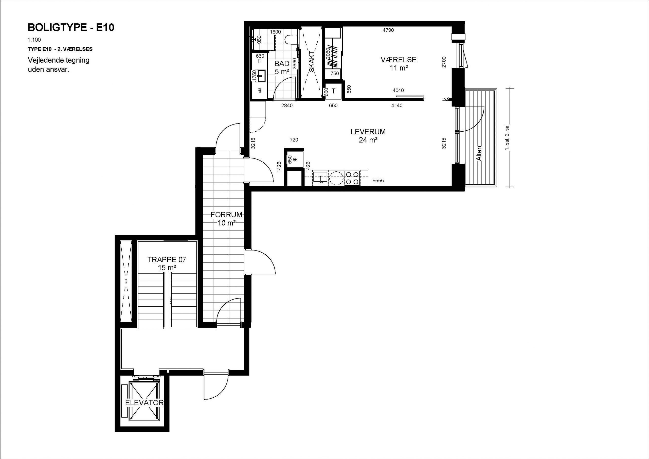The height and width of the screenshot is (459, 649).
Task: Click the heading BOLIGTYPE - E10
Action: tap(71, 27)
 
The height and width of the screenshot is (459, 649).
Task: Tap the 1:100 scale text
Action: tap(34, 40)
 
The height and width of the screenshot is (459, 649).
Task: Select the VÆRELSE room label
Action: tap(398, 60)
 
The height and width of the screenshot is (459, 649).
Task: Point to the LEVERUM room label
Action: tap(368, 132)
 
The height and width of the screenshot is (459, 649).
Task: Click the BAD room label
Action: tap(282, 64)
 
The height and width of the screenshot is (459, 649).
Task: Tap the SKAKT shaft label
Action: tap(312, 61)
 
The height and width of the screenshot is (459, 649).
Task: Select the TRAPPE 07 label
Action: tap(167, 260)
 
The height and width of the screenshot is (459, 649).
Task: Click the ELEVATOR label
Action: tap(145, 403)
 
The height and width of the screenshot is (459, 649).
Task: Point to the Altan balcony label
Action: tap(479, 153)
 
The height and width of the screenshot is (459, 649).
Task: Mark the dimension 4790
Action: tap(388, 30)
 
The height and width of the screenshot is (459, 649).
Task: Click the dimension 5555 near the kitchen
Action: tap(378, 181)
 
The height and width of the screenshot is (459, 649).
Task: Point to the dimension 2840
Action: tap(287, 105)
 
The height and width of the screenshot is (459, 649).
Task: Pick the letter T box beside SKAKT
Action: tap(334, 91)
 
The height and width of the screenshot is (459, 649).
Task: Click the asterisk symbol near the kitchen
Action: tap(295, 160)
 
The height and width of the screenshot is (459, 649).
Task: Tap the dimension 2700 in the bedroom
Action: tap(444, 62)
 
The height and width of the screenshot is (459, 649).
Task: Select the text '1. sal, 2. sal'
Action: tap(507, 137)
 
